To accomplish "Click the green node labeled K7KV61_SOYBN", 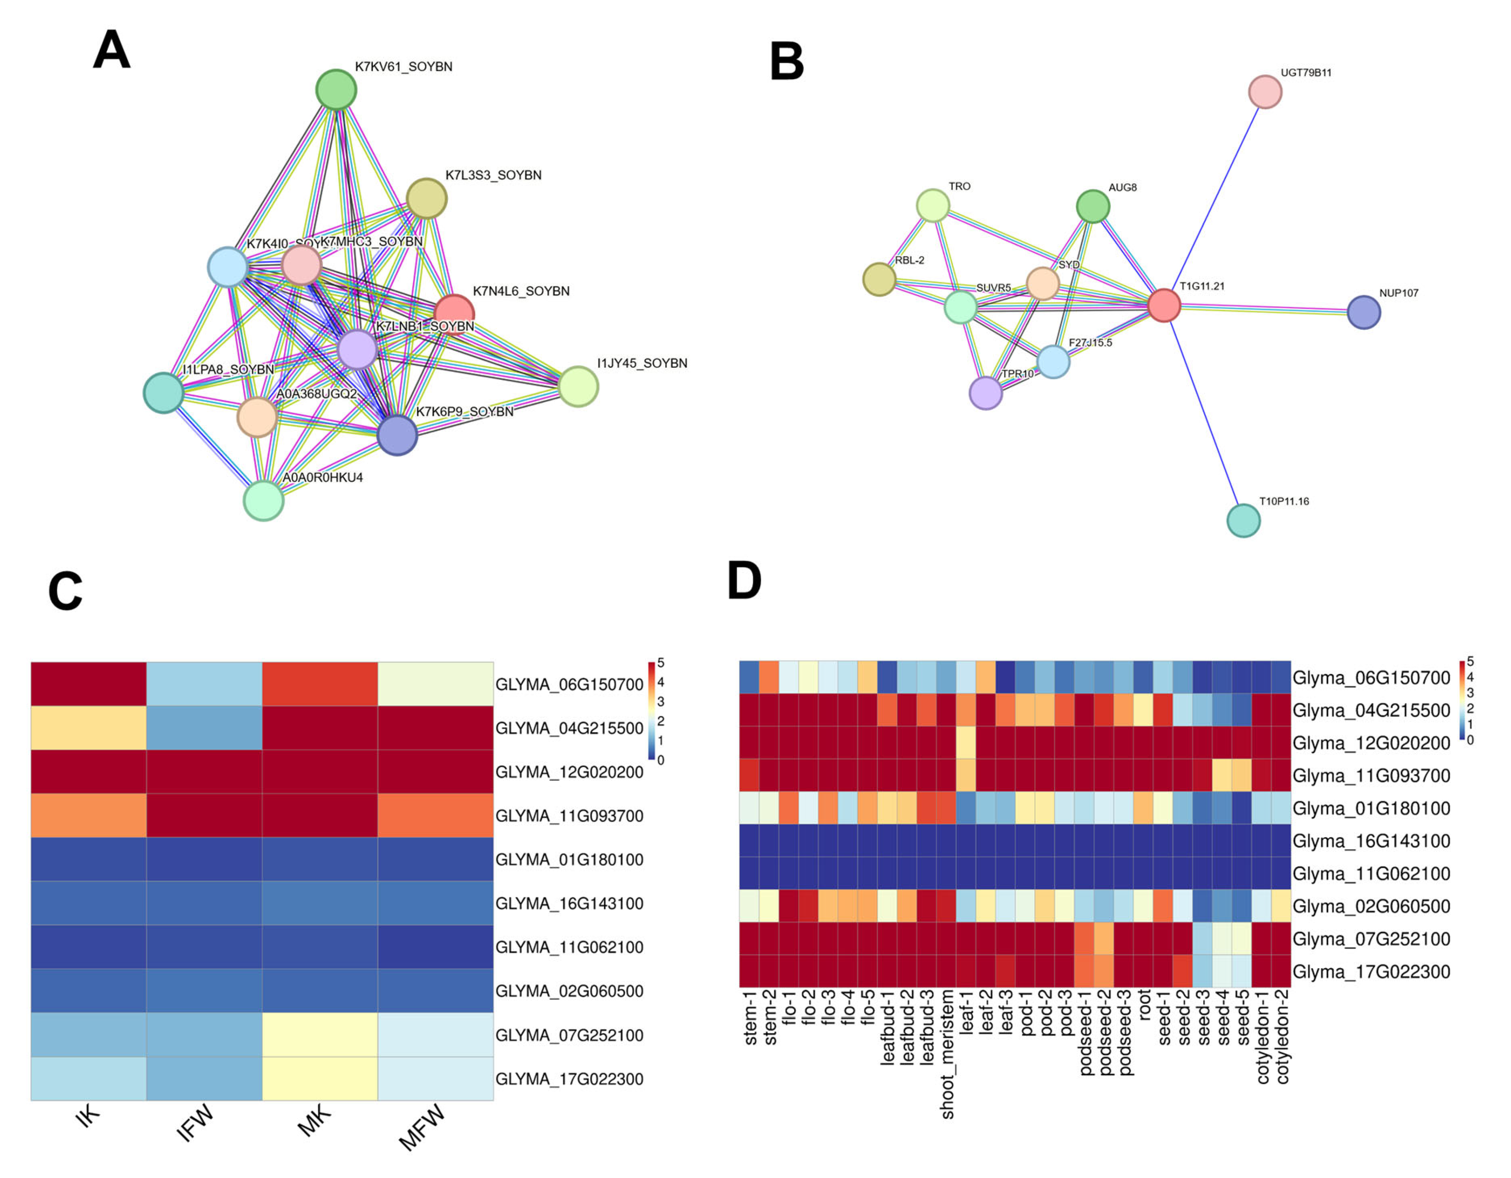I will coord(336,89).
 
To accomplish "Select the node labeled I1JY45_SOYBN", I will coord(578,386).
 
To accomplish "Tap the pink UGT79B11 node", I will coord(1265,92).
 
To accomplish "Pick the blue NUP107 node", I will coord(1364,312).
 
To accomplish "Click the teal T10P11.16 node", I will coord(1243,520).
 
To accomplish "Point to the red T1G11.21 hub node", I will coord(1164,305).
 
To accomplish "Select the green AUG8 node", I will coord(1093,206).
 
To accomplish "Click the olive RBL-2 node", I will coord(879,279).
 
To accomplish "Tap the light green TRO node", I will coord(933,205).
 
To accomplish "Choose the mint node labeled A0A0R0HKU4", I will coord(264,501).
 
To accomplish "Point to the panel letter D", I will coord(744,580).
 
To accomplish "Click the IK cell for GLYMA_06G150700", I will coord(89,684).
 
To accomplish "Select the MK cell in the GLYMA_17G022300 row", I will coord(320,1078).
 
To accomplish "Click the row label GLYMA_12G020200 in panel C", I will coord(569,772).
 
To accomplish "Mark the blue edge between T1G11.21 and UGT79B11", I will coord(1215,199).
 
